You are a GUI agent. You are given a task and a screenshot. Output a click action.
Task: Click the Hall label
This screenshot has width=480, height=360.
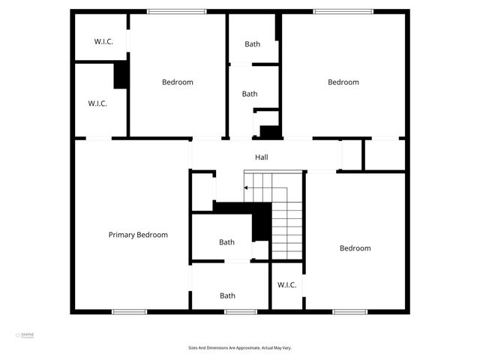point(261,157)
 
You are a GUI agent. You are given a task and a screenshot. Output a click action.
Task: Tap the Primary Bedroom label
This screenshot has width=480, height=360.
point(138,235)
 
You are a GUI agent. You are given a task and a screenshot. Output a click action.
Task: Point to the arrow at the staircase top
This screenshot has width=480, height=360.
point(247,187)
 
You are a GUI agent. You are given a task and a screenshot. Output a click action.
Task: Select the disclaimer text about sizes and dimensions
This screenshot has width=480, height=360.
point(240,347)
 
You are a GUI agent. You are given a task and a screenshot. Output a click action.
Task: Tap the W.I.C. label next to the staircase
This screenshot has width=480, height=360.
point(287,285)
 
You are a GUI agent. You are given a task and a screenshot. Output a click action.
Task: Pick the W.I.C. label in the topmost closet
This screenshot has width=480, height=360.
point(103,42)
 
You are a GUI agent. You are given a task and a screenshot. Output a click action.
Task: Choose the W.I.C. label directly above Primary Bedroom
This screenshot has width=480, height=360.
point(97,103)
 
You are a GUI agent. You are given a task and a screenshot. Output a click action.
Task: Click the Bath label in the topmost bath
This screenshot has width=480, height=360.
point(253,44)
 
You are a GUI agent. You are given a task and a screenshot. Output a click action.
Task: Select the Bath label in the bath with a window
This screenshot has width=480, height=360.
point(227,295)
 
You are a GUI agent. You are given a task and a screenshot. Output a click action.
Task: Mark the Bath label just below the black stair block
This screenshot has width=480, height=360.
point(226,242)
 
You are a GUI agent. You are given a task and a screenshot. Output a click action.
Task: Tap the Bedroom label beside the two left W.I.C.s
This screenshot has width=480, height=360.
point(178,82)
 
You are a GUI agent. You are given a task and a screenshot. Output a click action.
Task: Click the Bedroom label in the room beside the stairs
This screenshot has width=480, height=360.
point(355,248)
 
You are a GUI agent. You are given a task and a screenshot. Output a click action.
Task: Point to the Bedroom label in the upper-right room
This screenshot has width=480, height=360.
point(343,82)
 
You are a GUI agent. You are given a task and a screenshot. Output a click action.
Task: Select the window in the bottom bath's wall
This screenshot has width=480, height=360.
point(241,311)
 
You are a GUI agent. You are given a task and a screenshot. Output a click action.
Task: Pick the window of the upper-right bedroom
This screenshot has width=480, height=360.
point(342,11)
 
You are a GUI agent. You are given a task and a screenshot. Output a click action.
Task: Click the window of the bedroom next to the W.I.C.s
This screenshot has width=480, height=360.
point(177,11)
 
